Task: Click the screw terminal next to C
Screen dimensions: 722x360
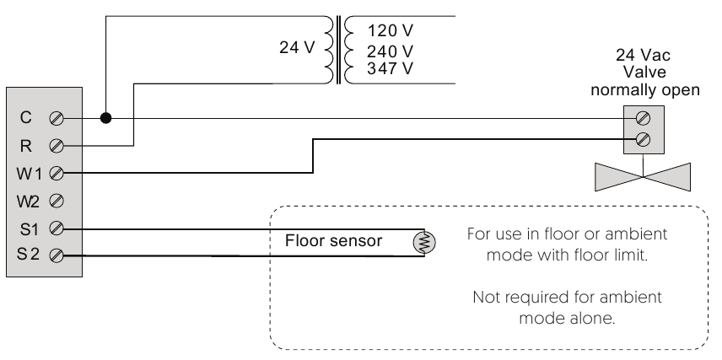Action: tap(57, 119)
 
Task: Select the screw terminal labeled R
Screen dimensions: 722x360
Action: tap(57, 146)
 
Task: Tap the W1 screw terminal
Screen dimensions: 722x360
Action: tap(57, 174)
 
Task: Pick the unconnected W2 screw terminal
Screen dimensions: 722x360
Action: tap(57, 201)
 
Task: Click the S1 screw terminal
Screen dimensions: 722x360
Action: tap(57, 228)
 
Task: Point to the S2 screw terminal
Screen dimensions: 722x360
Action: tap(57, 255)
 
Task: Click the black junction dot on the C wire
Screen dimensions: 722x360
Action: tap(106, 118)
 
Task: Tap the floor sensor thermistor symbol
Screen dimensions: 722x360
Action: tap(424, 243)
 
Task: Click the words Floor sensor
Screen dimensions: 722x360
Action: tap(333, 241)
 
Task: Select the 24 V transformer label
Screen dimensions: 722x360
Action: tap(297, 47)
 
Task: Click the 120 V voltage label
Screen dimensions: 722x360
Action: tap(390, 30)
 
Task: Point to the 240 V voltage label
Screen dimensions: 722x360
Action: tap(390, 51)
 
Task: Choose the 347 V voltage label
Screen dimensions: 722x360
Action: tap(390, 68)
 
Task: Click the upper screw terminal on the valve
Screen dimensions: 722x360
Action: tap(643, 118)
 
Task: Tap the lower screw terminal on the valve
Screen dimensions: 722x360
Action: tap(643, 139)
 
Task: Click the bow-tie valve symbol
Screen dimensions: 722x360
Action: tap(643, 177)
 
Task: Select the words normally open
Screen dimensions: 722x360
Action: tap(645, 90)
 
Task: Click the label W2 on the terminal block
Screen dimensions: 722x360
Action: tap(28, 201)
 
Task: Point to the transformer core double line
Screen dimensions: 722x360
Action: tap(338, 50)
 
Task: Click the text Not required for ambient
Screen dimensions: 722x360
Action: tap(567, 298)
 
